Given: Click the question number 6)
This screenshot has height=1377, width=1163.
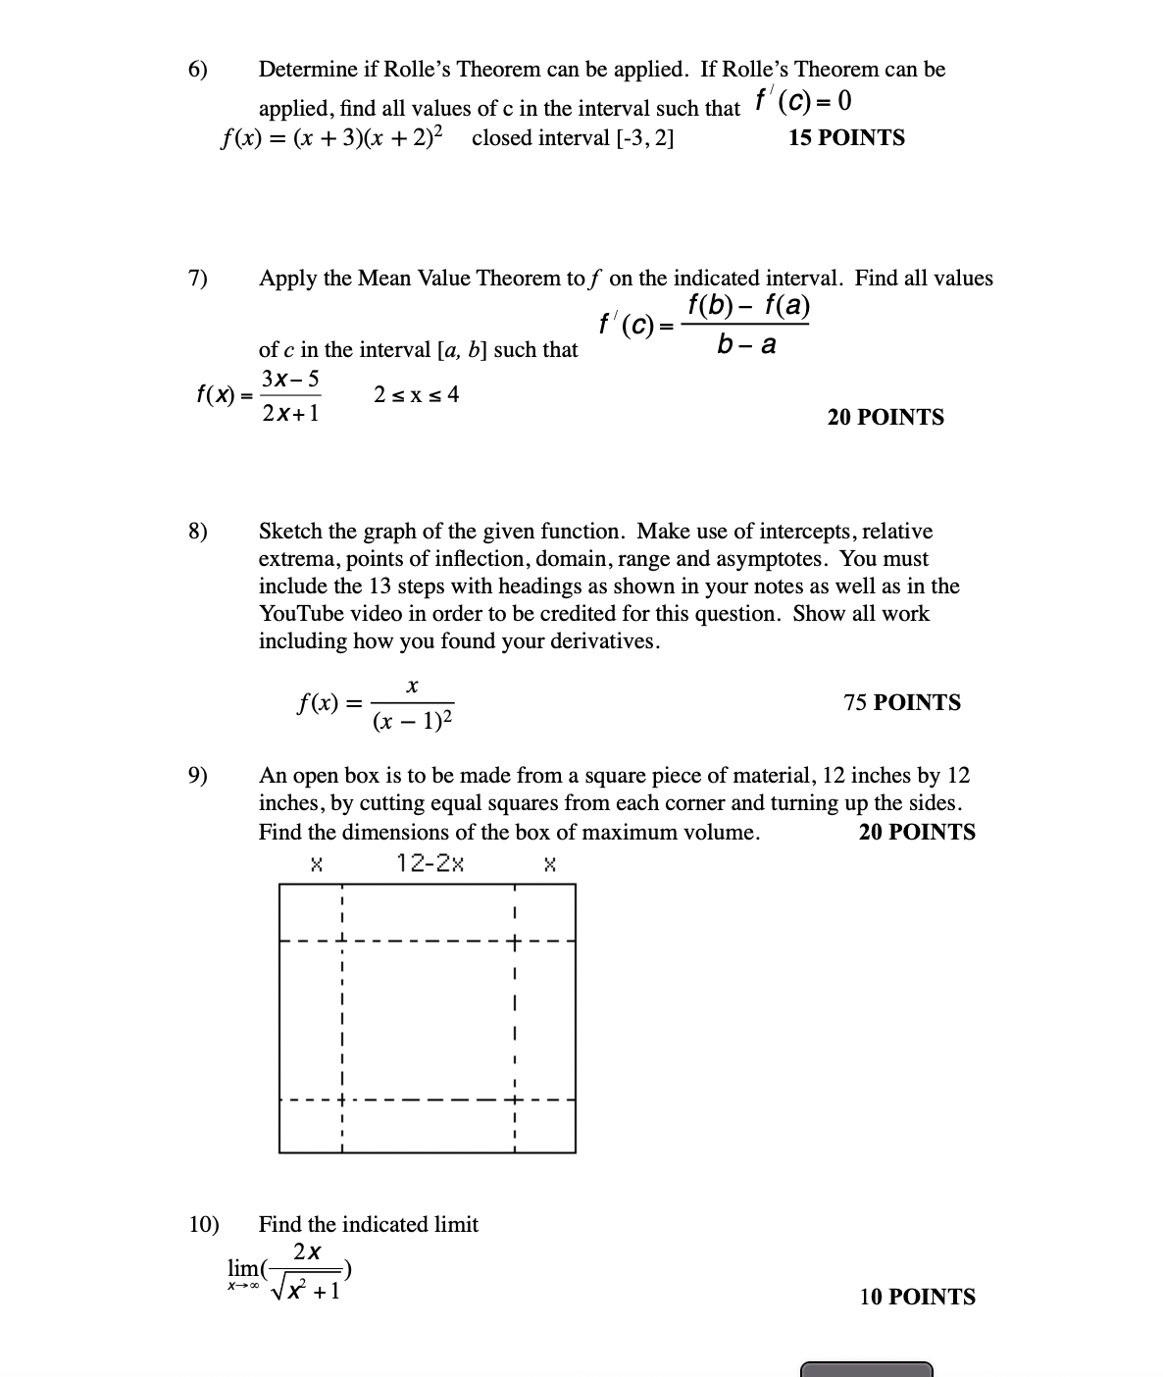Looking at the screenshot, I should [x=198, y=70].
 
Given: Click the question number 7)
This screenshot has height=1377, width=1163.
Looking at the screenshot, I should [x=198, y=279].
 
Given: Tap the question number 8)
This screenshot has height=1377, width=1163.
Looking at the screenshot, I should [x=198, y=532].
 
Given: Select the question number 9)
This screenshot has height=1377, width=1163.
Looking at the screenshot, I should [x=198, y=776].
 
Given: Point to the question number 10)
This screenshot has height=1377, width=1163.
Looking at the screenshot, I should [x=204, y=1224].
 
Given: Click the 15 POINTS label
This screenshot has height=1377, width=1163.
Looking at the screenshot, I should [x=846, y=138].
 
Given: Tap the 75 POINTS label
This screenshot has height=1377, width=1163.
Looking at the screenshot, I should [x=902, y=702].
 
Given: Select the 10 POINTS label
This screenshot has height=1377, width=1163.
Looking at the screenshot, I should [x=918, y=1297].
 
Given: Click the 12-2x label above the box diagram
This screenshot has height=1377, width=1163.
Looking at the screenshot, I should [x=430, y=863].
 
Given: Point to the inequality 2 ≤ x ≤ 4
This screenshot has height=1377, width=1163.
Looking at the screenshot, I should [x=416, y=395].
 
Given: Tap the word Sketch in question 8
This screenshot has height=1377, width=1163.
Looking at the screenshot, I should [x=290, y=532].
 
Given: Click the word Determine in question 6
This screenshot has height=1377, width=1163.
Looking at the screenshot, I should [x=307, y=70].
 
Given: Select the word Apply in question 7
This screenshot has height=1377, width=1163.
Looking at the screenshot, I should [x=288, y=279].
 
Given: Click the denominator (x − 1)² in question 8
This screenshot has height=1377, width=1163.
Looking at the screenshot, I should [x=413, y=723].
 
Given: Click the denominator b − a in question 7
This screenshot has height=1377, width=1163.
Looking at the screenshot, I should [x=746, y=344].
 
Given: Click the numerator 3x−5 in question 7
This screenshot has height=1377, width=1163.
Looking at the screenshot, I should [x=290, y=379].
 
